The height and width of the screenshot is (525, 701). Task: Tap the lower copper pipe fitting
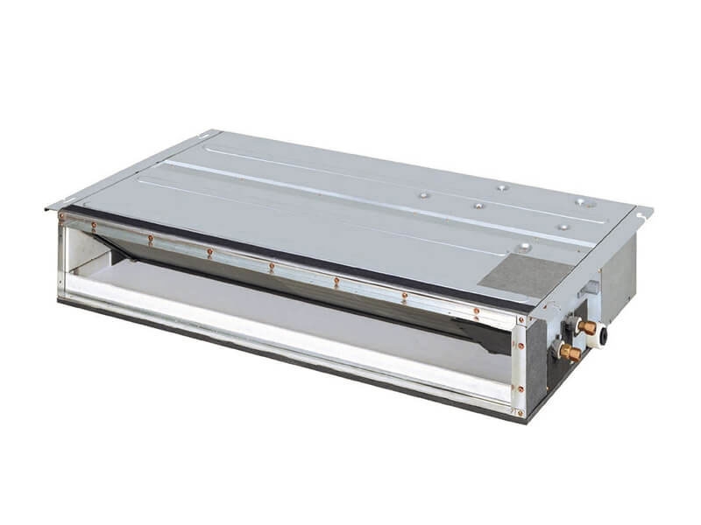tap(570, 353)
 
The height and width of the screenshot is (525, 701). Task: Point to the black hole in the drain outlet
tap(604, 334)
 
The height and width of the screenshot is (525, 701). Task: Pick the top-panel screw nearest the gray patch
tap(523, 248)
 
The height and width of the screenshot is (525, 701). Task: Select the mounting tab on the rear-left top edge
tap(209, 134)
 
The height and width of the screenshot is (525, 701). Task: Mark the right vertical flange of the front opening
tap(524, 359)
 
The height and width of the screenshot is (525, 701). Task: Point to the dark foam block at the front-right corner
tap(535, 367)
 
